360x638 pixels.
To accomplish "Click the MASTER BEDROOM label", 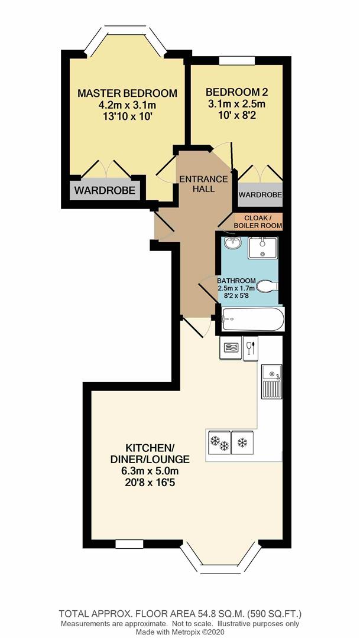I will click(x=127, y=93).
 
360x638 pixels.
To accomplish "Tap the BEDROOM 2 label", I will click(x=236, y=92).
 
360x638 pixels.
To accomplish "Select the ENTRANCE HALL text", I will click(x=203, y=184).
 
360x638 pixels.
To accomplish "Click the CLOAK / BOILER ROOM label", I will click(x=258, y=222).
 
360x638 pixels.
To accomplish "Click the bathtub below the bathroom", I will click(x=253, y=320).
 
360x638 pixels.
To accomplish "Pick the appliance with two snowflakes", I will click(x=219, y=443).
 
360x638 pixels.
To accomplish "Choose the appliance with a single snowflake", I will click(x=242, y=442).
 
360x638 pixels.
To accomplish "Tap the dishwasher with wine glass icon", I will click(x=250, y=347).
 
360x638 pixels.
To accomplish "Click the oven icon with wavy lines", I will click(x=231, y=347).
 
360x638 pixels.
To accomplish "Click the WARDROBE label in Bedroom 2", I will click(x=260, y=194).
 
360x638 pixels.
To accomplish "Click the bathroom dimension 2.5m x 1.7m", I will click(x=235, y=288).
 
